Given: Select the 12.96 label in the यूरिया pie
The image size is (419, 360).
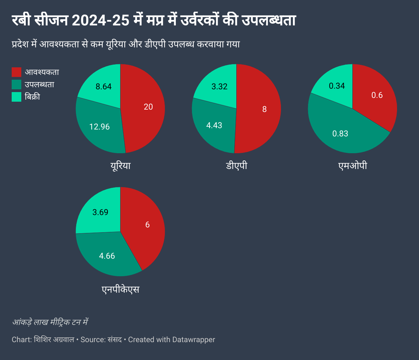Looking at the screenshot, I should pos(99,127).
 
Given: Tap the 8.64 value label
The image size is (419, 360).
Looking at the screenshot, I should pos(103,87).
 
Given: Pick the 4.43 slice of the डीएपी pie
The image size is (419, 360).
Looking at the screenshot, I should pos(214,125).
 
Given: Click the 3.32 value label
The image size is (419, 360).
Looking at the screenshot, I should pos(219,87).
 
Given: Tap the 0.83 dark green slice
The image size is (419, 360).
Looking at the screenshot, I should pos(340,134).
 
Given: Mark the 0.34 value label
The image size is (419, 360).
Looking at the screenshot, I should pos(337,86).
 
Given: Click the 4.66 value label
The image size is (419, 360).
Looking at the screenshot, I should pos(107,256).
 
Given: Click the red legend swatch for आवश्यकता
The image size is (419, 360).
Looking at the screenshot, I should pos(16,72).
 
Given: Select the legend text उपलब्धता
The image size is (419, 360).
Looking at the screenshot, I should pos(39,85).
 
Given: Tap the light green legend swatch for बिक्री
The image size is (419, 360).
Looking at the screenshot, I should pos(16,97).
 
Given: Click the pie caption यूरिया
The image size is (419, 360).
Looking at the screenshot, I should pos(121,166).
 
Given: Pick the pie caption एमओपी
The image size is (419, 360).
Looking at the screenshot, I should pos(352,166).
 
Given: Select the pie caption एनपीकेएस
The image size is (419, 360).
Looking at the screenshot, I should pos(121,289).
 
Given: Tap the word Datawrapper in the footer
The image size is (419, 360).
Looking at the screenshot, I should pos(193,340).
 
